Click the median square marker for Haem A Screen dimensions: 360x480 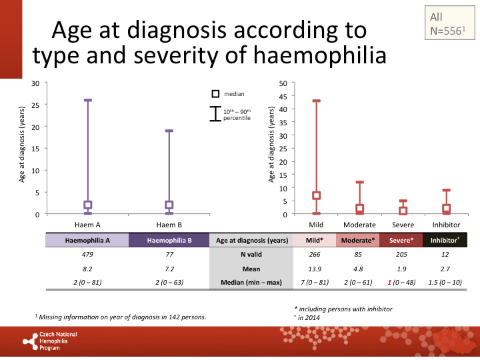87,205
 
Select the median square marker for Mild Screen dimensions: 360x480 317,196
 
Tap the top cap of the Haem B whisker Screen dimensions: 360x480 169,131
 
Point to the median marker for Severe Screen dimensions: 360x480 403,211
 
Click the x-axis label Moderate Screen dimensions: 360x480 359,225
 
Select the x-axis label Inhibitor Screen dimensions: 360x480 446,225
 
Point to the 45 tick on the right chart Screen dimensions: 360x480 283,96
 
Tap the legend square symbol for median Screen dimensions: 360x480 215,94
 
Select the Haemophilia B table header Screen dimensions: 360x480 169,240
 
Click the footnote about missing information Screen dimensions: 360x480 120,317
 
